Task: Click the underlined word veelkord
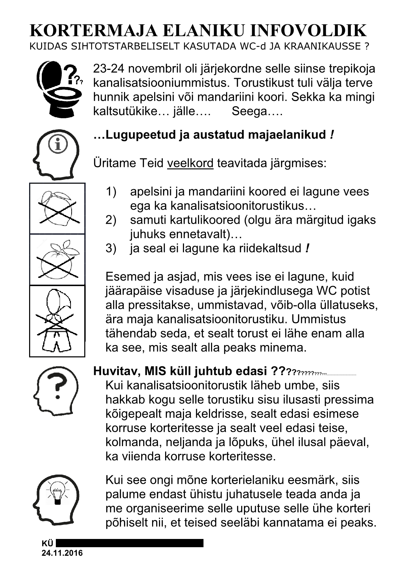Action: (190, 163)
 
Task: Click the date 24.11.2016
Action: (62, 553)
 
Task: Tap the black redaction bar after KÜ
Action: (129, 543)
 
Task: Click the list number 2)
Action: (111, 220)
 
